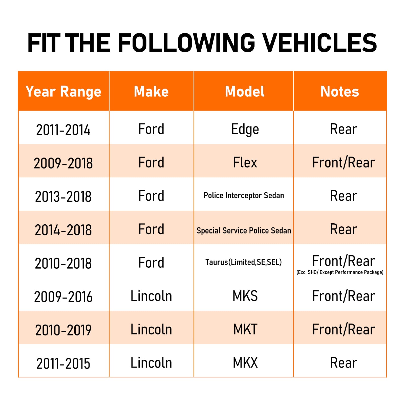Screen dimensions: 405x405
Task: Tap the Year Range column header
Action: (63, 92)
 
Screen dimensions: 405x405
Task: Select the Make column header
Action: (151, 91)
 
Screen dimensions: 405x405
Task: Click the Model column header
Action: (245, 91)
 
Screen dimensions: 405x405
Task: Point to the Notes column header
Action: (340, 91)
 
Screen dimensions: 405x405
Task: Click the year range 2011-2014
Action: (63, 130)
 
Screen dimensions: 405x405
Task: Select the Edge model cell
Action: (245, 130)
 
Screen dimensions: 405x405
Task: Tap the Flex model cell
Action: (245, 162)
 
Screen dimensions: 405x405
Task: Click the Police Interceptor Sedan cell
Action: (244, 195)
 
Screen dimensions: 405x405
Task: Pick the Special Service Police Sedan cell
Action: (244, 230)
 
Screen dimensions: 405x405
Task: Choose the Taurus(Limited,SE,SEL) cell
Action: (244, 262)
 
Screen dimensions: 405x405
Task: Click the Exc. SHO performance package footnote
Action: (340, 272)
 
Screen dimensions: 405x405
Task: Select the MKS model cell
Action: (245, 296)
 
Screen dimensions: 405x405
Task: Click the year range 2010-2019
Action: (63, 330)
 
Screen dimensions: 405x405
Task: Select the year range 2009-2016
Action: (63, 297)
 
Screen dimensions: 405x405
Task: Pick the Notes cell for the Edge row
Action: (344, 129)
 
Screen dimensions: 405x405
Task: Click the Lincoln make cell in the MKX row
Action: (151, 363)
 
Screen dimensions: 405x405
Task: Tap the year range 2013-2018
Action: (63, 197)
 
